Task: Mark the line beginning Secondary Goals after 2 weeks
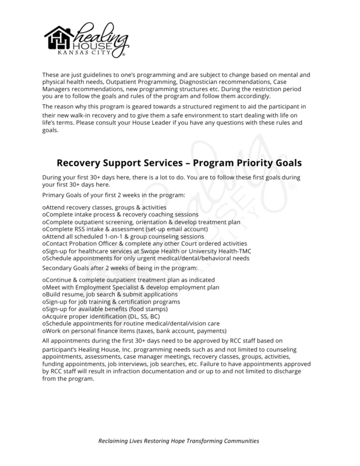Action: [120, 267]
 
